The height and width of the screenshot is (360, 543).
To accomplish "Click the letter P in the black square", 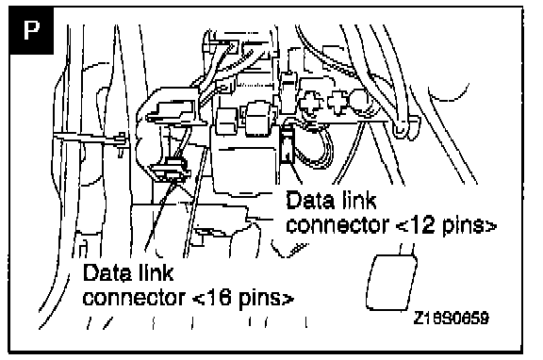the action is pos(31,30).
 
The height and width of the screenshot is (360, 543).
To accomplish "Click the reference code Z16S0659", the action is pos(452,318).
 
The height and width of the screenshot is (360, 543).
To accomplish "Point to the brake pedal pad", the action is pos(391,282).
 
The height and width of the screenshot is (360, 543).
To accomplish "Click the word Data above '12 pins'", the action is pos(310,200).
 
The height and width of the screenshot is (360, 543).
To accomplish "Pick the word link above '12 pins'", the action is pos(358,200).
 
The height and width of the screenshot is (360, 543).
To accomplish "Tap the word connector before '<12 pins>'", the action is pos(338,225).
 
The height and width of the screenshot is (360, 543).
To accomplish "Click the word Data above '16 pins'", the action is pos(107,272).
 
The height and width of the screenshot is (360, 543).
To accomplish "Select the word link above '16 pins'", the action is pos(156,272).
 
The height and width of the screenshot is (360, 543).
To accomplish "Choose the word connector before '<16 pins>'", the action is pos(135,298).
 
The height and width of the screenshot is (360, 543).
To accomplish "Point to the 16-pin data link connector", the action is pos(171,170).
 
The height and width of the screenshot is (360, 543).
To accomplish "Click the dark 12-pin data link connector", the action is pos(286,144).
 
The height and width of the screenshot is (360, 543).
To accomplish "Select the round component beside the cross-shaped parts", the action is pos(359,101).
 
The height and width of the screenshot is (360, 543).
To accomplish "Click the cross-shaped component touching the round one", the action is pos(337,102).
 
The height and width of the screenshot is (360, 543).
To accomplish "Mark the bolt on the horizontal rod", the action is pos(121,142).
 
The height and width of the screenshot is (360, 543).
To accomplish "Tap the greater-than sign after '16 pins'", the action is pos(288,299).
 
